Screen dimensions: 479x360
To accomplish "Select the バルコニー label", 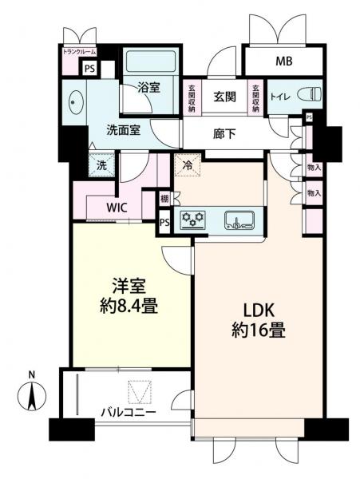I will coord(128,414).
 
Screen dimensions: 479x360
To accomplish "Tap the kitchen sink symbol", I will coord(239,220).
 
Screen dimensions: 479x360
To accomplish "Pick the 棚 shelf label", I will coord(163,200).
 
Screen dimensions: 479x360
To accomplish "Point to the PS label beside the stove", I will coord(164,223).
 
